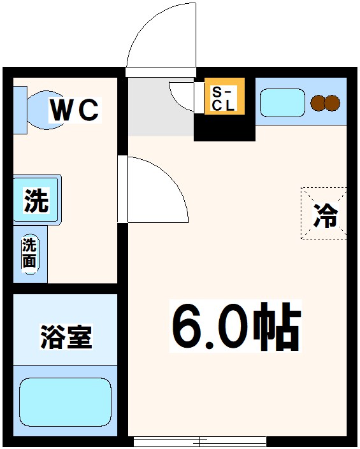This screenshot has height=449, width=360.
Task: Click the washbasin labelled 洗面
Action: point(30,253)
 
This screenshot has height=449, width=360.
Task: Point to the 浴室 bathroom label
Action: point(66,337)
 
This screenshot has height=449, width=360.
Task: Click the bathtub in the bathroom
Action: point(65,402)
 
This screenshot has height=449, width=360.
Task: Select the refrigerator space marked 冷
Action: point(324,213)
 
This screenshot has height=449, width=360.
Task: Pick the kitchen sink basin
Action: point(283,103)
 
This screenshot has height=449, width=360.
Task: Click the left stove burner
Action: point(318,103)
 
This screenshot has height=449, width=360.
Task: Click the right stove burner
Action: point(332,103)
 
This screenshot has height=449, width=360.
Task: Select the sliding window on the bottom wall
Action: point(199,440)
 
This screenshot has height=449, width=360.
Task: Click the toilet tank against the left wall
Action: point(20,109)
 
